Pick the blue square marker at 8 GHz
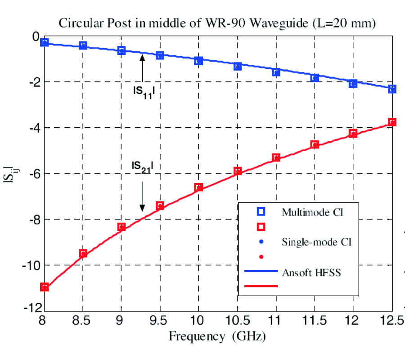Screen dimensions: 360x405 44,42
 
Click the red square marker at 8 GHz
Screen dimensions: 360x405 44,287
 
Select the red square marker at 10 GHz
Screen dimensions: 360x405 198,187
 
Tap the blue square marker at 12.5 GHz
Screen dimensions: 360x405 392,89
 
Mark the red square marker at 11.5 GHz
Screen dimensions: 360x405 315,144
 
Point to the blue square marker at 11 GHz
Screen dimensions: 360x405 276,72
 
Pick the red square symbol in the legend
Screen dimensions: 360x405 261,226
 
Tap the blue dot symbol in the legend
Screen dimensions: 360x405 261,242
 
